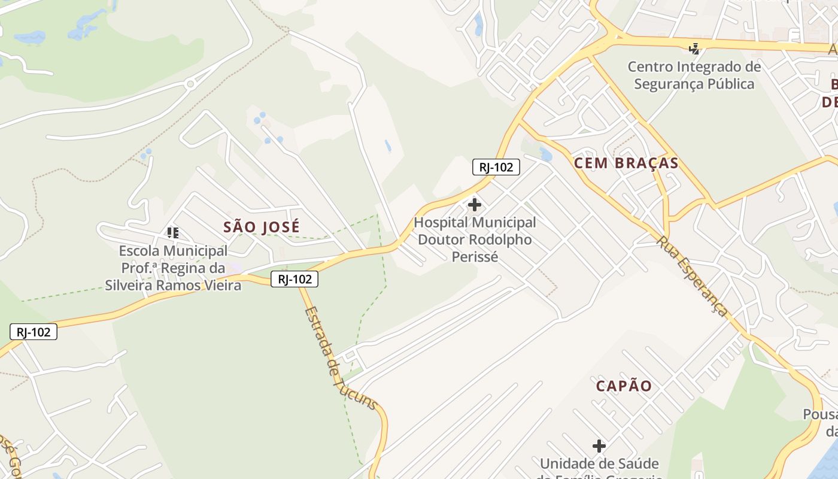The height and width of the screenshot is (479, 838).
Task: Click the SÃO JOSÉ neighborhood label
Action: pos(262,228)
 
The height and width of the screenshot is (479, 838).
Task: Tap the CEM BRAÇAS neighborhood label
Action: pos(626,163)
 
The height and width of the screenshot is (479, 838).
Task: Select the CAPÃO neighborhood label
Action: pos(624,386)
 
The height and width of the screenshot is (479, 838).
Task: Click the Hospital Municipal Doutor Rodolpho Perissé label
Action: pos(475,239)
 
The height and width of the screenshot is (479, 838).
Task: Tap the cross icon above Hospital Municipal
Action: pos(475,205)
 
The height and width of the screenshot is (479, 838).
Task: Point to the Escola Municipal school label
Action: pos(173,268)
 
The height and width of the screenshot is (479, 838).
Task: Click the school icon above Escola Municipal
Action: pos(173,232)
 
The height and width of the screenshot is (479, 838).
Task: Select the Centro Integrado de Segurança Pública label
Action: pos(694,75)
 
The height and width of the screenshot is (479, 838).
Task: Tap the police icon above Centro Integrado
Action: pos(694,48)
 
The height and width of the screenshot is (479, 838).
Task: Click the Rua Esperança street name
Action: pos(693,276)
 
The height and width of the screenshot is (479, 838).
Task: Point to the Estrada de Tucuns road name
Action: pos(341,358)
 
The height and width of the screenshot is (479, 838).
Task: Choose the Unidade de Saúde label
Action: pos(599,464)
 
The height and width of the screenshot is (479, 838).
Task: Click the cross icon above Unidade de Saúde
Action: pos(599,446)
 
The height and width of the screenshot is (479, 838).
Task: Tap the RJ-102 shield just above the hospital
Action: pos(496,167)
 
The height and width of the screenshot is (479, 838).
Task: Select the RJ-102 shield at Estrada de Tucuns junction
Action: pos(294,279)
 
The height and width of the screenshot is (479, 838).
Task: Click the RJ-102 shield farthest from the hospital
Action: pos(34,332)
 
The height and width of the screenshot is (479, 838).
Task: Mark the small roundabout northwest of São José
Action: pos(190,84)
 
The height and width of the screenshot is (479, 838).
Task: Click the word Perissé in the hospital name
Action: pos(475,257)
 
